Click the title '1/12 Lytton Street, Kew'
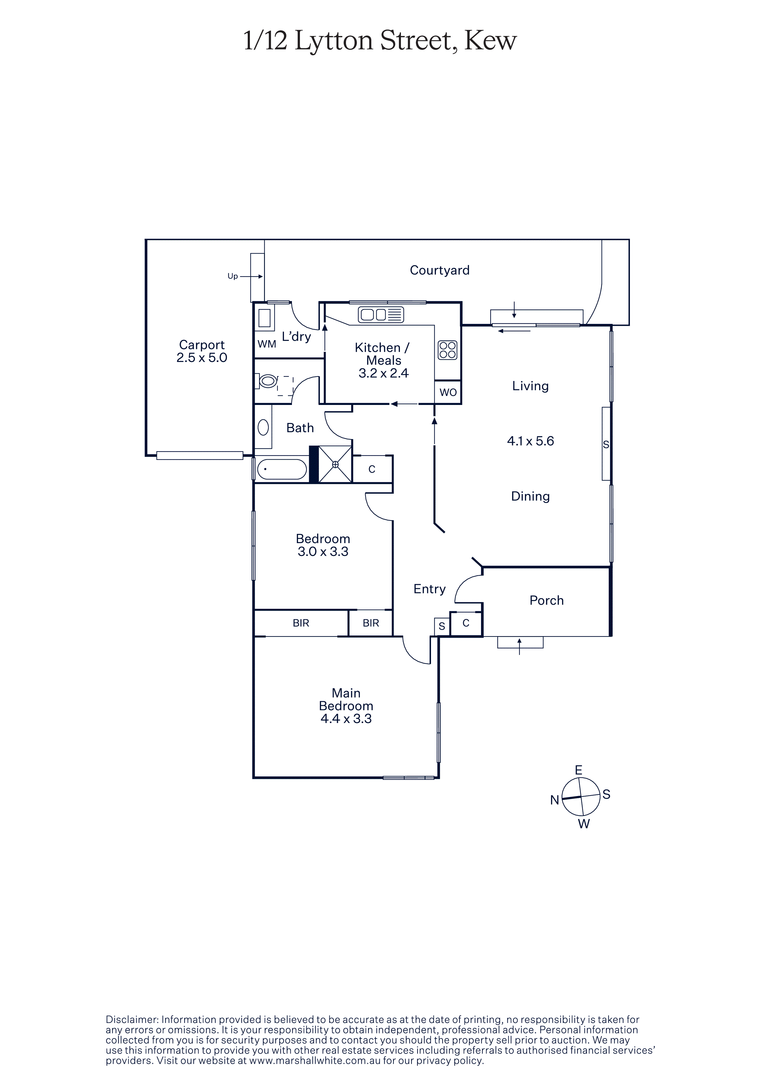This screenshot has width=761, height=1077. [x=380, y=41]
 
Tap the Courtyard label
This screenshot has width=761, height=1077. [x=439, y=270]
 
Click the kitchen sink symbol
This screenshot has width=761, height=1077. [x=381, y=315]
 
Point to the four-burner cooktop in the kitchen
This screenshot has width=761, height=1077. [x=447, y=350]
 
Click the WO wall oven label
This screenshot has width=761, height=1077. [x=448, y=392]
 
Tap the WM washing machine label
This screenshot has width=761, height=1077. [x=267, y=344]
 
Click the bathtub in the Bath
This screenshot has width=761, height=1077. [x=282, y=469]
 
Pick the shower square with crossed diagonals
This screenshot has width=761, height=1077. [x=335, y=465]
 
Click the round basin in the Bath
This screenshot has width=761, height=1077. [x=263, y=427]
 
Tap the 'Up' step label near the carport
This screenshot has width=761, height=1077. [x=233, y=276]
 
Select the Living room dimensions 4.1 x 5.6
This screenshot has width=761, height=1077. [x=530, y=441]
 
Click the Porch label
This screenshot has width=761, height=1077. [x=546, y=601]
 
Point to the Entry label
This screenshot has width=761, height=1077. [x=429, y=589]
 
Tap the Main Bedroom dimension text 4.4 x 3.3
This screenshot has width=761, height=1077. [x=346, y=719]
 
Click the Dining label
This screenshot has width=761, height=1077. [x=530, y=496]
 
